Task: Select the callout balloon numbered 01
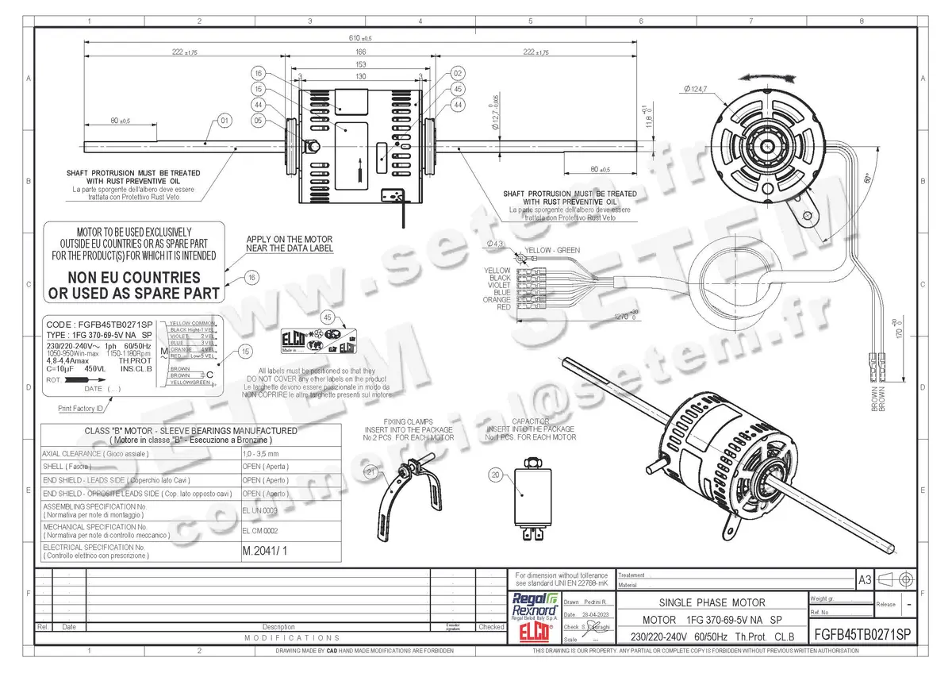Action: pos(224,121)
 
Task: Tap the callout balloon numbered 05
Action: pos(259,121)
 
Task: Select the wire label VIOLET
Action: pos(499,286)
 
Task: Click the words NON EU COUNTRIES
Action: pos(133,278)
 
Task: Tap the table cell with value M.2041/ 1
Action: pos(263,550)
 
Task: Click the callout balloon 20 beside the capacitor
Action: pos(496,475)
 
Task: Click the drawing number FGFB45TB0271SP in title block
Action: pos(863,636)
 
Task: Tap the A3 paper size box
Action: pos(864,580)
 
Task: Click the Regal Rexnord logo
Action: pos(536,606)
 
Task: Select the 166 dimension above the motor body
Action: pos(360,52)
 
